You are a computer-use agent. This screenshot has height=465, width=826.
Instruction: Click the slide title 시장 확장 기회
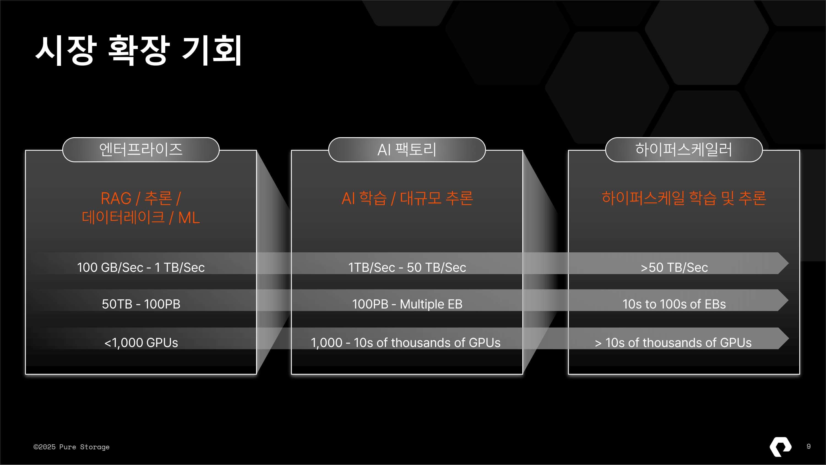[138, 50]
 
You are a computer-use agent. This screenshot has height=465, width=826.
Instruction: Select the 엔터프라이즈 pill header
[141, 150]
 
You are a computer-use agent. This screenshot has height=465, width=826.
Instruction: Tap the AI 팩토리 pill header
[407, 150]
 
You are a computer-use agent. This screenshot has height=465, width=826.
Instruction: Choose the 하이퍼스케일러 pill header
[683, 150]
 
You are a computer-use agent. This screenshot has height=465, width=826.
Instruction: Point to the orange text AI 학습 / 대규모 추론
[407, 198]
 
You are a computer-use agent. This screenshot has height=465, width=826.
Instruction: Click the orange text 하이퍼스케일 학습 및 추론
[684, 198]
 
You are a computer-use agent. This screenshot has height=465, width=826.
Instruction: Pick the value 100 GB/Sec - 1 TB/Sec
[141, 267]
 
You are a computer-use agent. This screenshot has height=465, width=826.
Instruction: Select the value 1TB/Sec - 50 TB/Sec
[407, 267]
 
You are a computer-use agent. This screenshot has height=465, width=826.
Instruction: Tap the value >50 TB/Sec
[674, 267]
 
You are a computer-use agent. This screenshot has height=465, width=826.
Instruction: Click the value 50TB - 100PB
[141, 304]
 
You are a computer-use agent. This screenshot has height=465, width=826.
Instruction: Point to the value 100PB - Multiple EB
[407, 304]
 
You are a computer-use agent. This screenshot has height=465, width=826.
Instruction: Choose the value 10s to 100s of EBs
[674, 304]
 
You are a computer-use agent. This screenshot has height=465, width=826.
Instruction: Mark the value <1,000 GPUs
[141, 342]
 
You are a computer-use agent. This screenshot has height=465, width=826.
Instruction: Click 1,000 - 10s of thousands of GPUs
[405, 342]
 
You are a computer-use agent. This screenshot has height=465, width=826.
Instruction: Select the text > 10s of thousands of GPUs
[673, 342]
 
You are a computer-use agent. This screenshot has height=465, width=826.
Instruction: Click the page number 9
[808, 446]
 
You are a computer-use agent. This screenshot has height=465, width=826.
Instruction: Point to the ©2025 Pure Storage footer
[71, 447]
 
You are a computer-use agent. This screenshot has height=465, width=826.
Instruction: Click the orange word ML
[189, 218]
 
